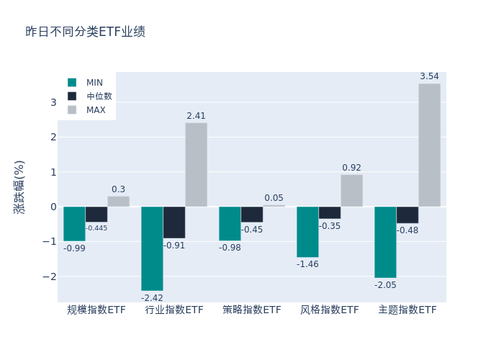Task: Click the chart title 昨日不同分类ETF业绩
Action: tap(85, 32)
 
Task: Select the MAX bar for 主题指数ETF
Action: tap(429, 145)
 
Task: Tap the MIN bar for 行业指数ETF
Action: tap(152, 248)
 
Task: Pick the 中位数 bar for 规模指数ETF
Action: tap(96, 214)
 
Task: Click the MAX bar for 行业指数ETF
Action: tap(196, 165)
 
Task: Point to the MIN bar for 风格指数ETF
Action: tap(307, 232)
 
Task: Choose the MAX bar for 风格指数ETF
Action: tap(351, 191)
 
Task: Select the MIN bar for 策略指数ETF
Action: tap(230, 223)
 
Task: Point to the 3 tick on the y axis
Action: tap(53, 102)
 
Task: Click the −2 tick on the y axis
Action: tap(50, 276)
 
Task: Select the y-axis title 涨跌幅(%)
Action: tap(19, 186)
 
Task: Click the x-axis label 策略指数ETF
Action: tap(252, 310)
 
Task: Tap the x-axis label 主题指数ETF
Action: tap(408, 310)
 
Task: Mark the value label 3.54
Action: tap(429, 76)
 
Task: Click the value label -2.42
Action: tap(152, 298)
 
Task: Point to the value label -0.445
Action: tap(96, 228)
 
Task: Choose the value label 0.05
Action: tap(274, 198)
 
